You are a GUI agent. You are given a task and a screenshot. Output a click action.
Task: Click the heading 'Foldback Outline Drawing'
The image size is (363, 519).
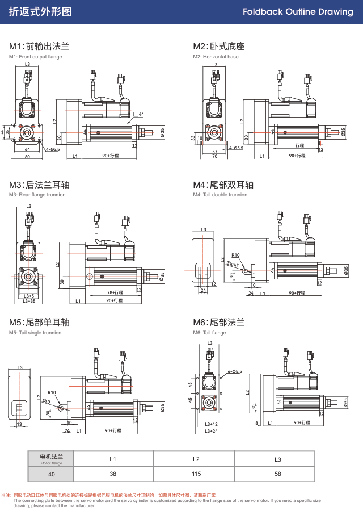298,12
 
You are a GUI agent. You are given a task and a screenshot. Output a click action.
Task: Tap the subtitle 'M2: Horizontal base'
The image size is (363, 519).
216,57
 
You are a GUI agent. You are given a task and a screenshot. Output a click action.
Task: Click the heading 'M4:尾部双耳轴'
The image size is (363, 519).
223,185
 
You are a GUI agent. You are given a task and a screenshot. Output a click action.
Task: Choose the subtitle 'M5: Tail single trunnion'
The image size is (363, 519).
35,333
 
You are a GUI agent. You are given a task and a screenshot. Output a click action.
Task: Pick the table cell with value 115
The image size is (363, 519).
196,474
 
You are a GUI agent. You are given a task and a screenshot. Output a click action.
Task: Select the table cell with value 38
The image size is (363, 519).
113,474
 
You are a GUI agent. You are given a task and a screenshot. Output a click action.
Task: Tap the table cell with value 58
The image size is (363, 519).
277,474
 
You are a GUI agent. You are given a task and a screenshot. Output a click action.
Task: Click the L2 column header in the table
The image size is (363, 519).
196,459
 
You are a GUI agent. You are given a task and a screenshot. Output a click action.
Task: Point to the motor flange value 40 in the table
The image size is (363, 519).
52,474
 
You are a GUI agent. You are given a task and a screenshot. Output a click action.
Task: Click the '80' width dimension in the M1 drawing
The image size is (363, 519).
27,157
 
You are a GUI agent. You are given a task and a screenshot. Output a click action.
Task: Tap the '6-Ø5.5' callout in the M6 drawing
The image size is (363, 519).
234,371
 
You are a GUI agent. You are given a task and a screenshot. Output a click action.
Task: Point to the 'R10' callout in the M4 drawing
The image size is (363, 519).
235,255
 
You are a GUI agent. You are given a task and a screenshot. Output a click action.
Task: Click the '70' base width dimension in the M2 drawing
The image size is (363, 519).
215,156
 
